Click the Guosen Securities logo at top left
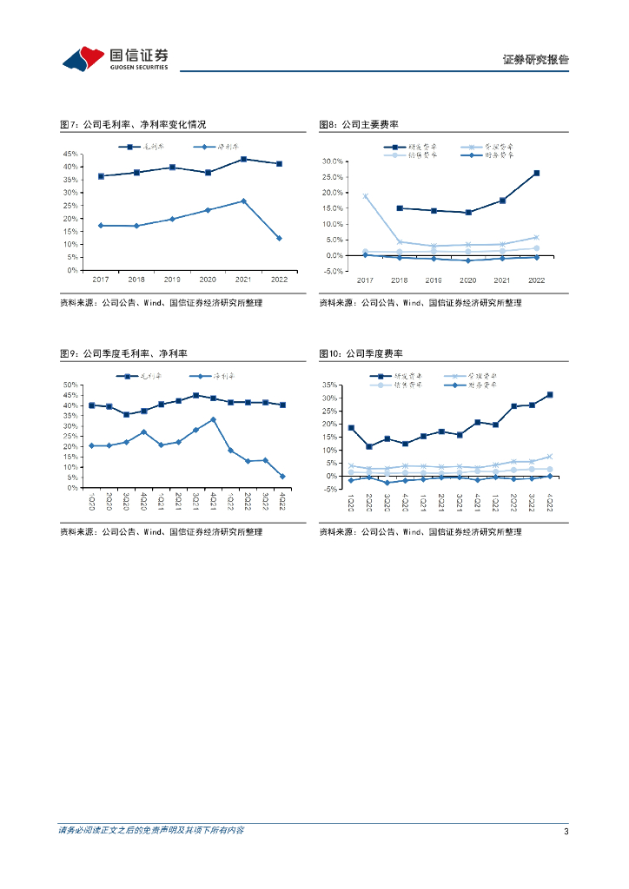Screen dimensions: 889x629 point(116,58)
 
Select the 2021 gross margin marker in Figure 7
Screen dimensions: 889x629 point(243,159)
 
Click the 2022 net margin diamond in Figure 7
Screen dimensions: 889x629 point(279,238)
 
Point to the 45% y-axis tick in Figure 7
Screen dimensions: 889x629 point(72,154)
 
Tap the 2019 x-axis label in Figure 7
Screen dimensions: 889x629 point(172,280)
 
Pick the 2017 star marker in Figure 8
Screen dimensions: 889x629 point(365,196)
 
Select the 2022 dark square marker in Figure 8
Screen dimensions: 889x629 point(536,173)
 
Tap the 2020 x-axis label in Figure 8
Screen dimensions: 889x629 point(467,280)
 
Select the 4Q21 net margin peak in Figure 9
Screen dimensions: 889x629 point(213,419)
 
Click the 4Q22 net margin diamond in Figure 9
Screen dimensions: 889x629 point(282,476)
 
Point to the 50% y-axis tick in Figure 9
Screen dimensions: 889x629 point(72,385)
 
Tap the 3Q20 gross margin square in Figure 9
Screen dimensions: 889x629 point(126,414)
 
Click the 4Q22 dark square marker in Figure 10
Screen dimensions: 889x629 point(550,395)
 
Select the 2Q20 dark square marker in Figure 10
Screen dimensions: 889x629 point(368,446)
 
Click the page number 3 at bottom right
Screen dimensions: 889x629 point(566,832)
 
